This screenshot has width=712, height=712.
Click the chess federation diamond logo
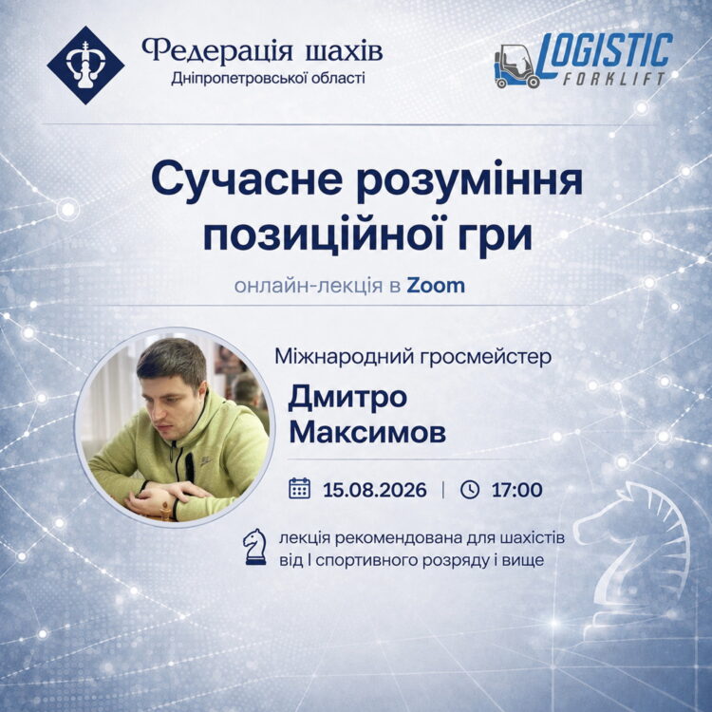[85, 65]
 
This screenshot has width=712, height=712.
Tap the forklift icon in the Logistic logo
[516, 66]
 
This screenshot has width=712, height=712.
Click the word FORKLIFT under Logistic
[614, 79]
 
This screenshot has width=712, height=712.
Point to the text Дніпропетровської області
[268, 79]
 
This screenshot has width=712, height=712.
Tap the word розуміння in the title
[470, 180]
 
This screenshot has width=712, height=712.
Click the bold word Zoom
[436, 286]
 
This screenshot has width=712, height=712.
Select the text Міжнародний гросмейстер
[413, 357]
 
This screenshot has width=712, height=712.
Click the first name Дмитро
[347, 398]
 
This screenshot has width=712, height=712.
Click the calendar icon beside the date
[300, 489]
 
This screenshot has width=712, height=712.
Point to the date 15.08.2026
[375, 490]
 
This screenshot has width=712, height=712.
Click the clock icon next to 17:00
[470, 490]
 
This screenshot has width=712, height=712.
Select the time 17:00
[516, 490]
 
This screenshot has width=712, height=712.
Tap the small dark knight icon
[254, 547]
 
